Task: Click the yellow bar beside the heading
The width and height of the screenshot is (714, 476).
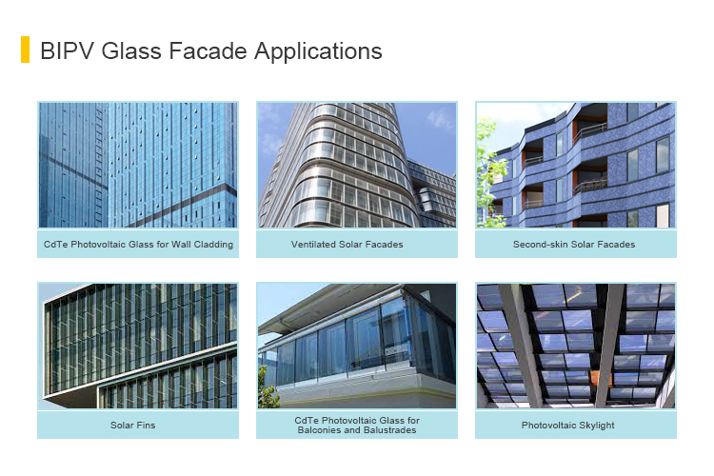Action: click(x=25, y=50)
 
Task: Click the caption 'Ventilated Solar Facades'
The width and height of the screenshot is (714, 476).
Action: click(x=347, y=245)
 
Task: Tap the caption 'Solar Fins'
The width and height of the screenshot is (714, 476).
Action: click(x=129, y=425)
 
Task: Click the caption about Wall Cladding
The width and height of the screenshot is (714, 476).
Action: click(x=138, y=245)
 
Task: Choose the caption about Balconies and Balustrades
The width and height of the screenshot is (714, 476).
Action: click(x=357, y=425)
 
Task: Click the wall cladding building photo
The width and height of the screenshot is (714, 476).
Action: click(x=138, y=165)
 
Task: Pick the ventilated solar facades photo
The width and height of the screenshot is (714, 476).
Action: click(x=357, y=165)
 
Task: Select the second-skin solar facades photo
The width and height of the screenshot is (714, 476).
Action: click(x=576, y=165)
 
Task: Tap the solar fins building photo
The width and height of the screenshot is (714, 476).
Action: click(x=138, y=346)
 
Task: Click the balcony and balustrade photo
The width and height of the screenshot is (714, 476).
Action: click(x=357, y=346)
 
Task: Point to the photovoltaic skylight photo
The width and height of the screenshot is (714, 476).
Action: click(x=576, y=346)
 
